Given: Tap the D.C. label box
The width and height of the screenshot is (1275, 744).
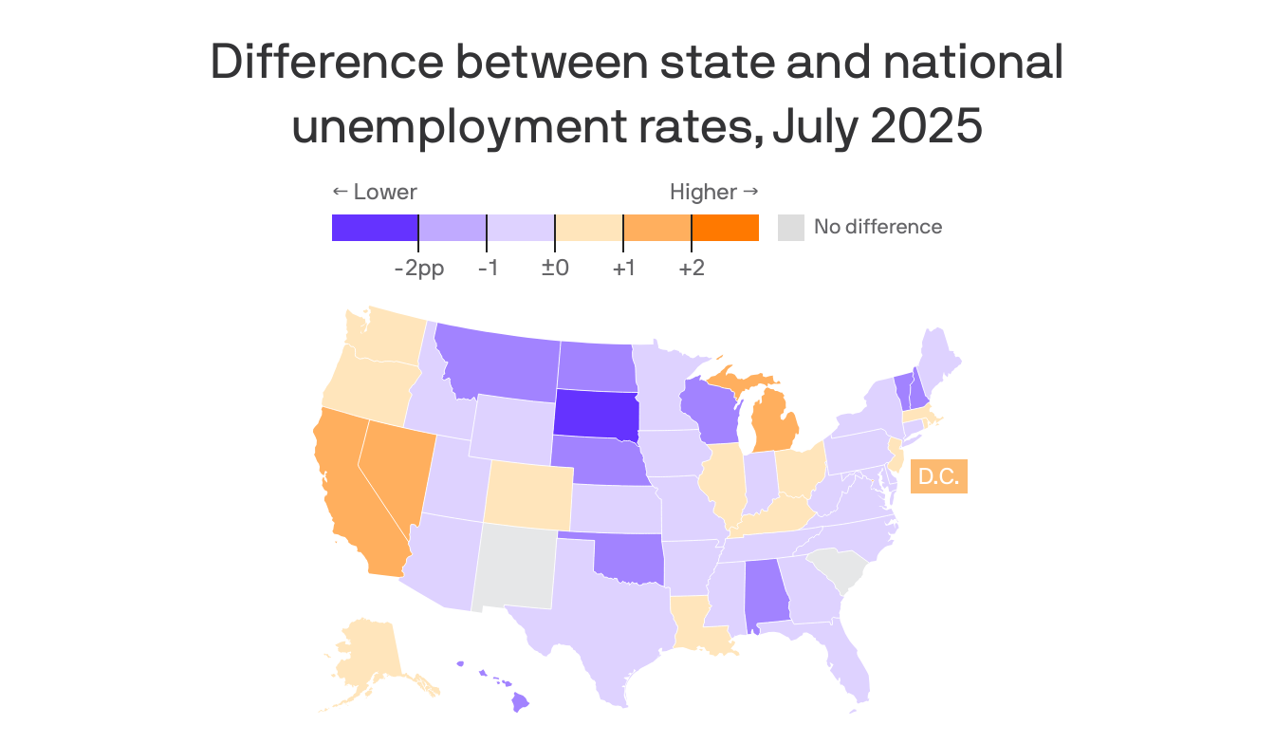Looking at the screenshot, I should pos(938,476).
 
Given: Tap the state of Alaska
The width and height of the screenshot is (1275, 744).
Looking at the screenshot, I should pos(374,660).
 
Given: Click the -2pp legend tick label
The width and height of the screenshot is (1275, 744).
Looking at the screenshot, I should pos(418,269).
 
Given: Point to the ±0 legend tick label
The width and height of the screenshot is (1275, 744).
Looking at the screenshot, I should pos(555,269).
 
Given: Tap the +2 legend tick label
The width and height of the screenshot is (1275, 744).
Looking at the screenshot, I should pos(692,269).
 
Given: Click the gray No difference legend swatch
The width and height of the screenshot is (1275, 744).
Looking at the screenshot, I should pos(790,228).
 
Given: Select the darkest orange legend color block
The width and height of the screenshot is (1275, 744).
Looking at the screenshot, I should pos(725,228).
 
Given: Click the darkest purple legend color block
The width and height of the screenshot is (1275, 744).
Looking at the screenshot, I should pos(375,228).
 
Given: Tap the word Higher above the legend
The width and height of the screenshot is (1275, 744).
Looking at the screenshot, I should pos(703,192).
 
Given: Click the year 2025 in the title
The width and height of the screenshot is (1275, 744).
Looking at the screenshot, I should pos(924,128).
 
